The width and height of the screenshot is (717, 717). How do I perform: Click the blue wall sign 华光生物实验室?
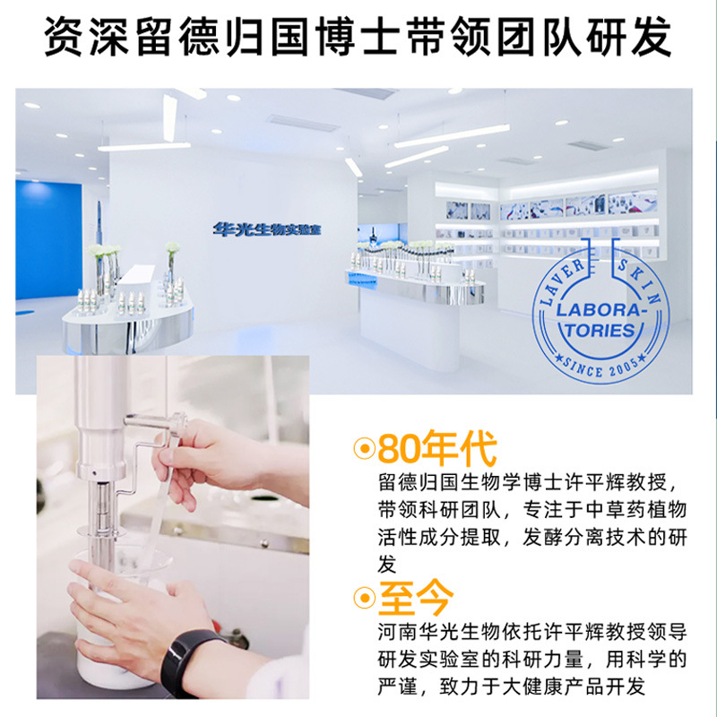click(x=267, y=229)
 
